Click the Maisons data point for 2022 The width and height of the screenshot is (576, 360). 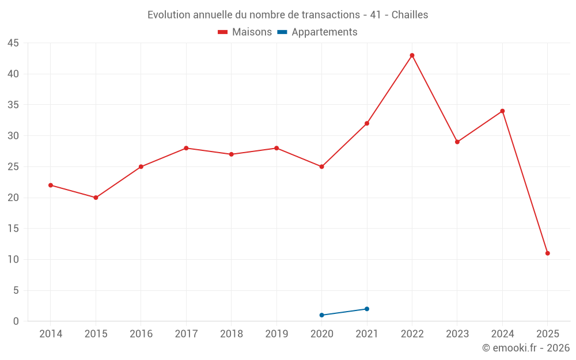[x=412, y=55]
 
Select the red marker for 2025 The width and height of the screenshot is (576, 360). [x=547, y=253]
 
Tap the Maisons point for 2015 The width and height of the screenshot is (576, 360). [x=96, y=198]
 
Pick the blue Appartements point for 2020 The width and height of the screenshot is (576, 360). [x=321, y=315]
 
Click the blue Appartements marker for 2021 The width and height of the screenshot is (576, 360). [x=367, y=309]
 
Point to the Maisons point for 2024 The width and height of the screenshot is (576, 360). [x=502, y=111]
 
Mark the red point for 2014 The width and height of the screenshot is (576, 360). [x=51, y=185]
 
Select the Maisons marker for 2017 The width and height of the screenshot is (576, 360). [x=186, y=148]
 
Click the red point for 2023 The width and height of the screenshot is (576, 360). [x=457, y=142]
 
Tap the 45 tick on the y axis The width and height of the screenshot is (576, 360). [x=13, y=43]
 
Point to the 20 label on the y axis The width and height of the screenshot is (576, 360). [x=13, y=198]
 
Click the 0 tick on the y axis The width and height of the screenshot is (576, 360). [x=16, y=321]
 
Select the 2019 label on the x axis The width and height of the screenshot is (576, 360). [x=276, y=334]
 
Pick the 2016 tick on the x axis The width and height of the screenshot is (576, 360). [x=141, y=334]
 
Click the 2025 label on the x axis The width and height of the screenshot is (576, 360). [x=547, y=334]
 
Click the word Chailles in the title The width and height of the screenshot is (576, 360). [x=410, y=15]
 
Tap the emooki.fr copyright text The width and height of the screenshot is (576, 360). [x=526, y=348]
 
